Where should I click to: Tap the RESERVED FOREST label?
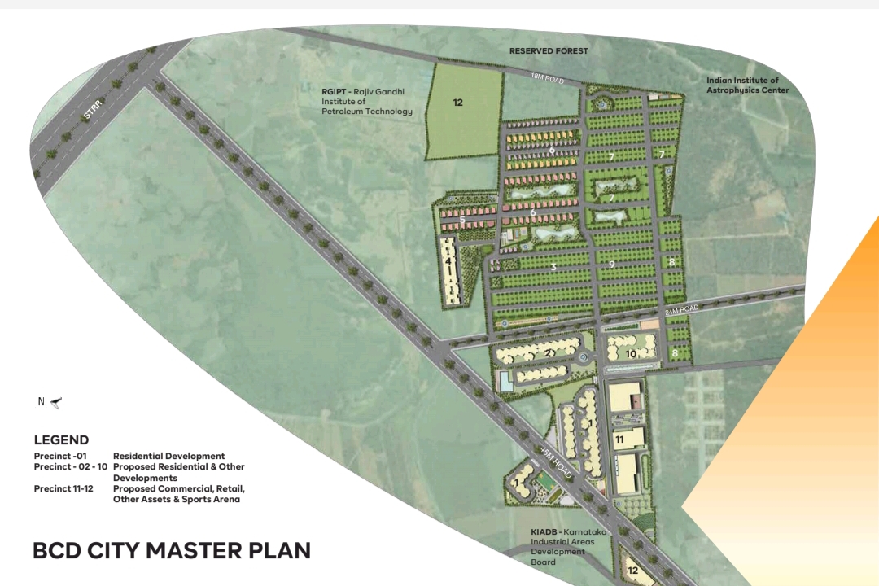point(549,51)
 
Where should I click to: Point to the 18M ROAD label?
point(546,79)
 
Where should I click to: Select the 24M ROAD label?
point(682,309)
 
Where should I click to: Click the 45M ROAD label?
point(556,463)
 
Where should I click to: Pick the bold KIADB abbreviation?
point(544,531)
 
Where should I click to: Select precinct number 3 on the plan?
point(553,266)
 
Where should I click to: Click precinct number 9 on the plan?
point(611,264)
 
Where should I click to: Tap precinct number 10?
point(631,354)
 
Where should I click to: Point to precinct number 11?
point(619,439)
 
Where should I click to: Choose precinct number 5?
point(462,220)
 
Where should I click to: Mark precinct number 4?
point(448,261)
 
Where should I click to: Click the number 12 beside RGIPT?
point(458,103)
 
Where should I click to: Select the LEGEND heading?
point(61,440)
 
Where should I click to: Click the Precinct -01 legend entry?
point(60,457)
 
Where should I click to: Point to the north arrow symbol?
point(55,402)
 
